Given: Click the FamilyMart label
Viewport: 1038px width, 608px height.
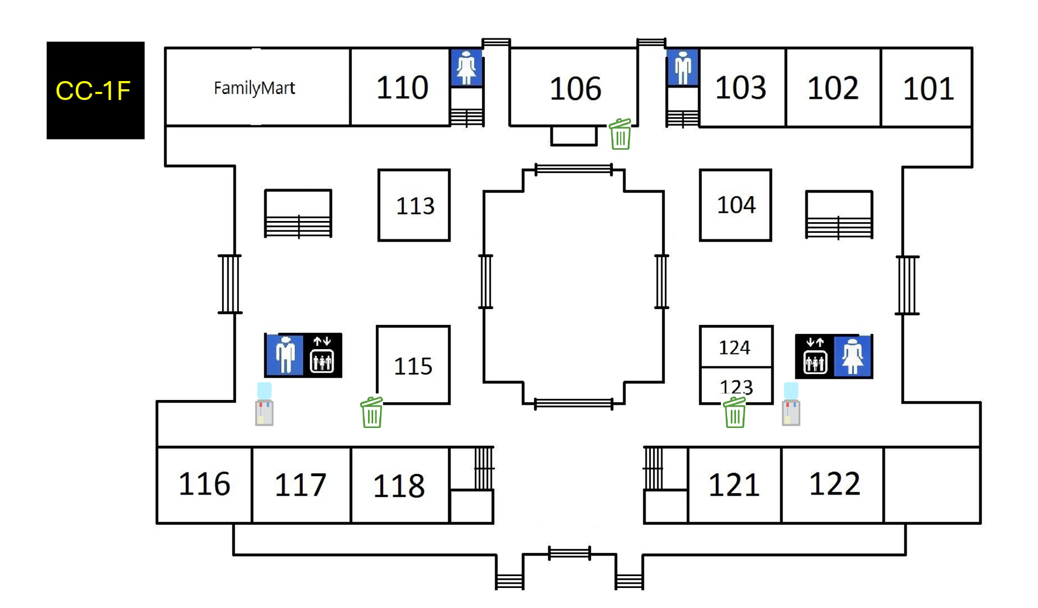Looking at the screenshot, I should coord(254,88).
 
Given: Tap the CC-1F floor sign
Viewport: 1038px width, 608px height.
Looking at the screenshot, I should coord(95,90).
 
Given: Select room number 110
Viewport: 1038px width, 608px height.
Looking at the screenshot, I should coord(402,88).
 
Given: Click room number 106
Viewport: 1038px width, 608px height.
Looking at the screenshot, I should coord(575,89).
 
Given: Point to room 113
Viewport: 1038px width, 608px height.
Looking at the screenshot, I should coord(415,206).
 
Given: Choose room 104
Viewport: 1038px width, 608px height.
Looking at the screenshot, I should coord(736,205).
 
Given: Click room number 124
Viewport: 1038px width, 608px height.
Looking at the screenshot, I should coord(734,348).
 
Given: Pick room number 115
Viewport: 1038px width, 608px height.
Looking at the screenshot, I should coord(413,366).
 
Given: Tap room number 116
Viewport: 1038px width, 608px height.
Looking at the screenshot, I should coord(204,484).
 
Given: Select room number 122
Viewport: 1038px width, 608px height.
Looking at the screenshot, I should coord(834,484).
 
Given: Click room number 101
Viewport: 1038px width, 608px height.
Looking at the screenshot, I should coord(928,89).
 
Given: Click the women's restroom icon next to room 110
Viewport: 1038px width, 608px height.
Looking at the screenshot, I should coord(466,68).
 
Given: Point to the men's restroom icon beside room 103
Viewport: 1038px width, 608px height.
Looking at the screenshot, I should coord(683,68).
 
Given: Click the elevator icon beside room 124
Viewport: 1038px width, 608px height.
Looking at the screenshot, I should coord(815,357).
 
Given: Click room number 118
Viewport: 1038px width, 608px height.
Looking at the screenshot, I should coord(399,485).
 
